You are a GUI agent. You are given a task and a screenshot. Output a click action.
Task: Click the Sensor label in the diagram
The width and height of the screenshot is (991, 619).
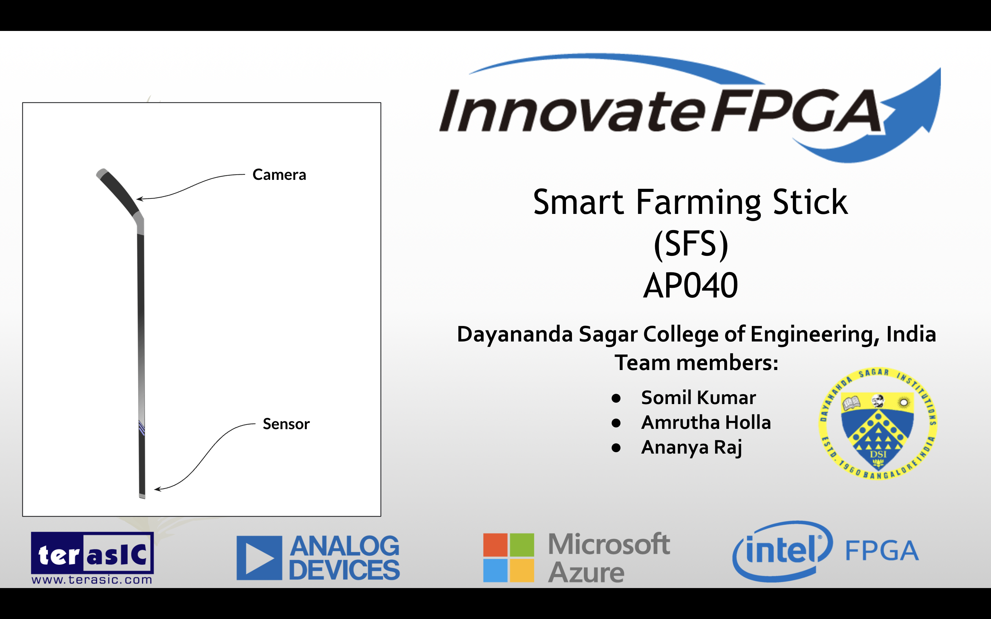(x=286, y=424)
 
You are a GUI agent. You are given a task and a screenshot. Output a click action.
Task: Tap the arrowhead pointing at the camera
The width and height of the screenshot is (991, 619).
(x=139, y=199)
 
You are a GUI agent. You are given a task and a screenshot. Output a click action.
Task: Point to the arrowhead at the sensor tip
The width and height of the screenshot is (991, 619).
(x=157, y=489)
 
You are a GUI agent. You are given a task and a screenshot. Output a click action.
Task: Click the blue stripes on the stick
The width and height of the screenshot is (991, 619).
(x=142, y=428)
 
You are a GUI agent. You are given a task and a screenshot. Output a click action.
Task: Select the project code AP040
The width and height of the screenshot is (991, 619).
(x=690, y=286)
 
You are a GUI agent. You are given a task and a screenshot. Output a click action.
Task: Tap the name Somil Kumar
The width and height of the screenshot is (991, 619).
(x=698, y=398)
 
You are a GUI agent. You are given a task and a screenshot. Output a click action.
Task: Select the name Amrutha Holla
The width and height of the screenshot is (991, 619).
(x=706, y=423)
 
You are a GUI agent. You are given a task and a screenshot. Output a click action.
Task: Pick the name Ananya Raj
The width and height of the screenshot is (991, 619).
(x=691, y=447)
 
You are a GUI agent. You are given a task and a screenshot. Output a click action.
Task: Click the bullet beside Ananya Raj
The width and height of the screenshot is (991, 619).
(x=616, y=448)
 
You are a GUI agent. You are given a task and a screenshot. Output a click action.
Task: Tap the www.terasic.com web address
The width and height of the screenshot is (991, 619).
(x=92, y=580)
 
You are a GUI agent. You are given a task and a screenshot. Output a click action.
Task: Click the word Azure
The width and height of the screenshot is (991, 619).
(x=586, y=572)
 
